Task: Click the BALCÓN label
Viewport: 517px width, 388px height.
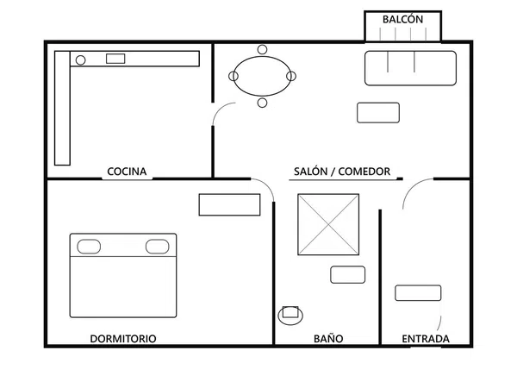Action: [x=402, y=19]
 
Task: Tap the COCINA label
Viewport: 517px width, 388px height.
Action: [x=127, y=172]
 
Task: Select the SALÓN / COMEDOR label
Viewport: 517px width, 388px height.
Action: [x=342, y=172]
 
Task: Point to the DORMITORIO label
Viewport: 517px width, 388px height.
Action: [x=123, y=339]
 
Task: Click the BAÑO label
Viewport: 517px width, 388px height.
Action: [x=328, y=339]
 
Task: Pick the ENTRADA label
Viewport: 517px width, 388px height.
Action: [x=426, y=339]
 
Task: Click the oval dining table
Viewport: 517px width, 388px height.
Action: [x=263, y=76]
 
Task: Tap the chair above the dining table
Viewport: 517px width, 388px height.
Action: [x=263, y=50]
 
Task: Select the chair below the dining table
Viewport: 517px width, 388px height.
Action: [x=263, y=103]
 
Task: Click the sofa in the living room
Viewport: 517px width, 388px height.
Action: [x=410, y=68]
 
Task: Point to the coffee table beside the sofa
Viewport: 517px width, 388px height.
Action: [x=378, y=113]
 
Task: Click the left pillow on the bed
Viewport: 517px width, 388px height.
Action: [x=89, y=247]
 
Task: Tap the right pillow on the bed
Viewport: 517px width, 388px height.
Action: [x=158, y=247]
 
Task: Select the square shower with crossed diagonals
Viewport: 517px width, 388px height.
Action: [x=328, y=224]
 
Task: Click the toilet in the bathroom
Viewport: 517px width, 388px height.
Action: [x=290, y=315]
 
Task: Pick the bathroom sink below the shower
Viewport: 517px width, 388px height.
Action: [x=348, y=275]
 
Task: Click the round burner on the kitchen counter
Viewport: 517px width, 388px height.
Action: [x=81, y=60]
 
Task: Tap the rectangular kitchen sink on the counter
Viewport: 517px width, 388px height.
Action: [x=115, y=59]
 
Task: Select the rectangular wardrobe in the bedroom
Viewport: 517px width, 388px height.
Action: [x=229, y=205]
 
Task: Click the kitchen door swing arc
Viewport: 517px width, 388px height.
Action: [x=220, y=110]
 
